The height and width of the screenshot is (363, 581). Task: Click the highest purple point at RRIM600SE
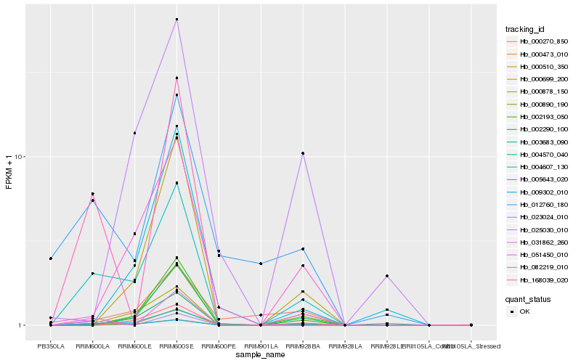pyautogui.click(x=176, y=20)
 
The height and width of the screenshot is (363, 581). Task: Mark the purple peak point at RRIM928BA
pyautogui.click(x=303, y=153)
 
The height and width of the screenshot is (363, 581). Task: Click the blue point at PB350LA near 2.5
pyautogui.click(x=51, y=258)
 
